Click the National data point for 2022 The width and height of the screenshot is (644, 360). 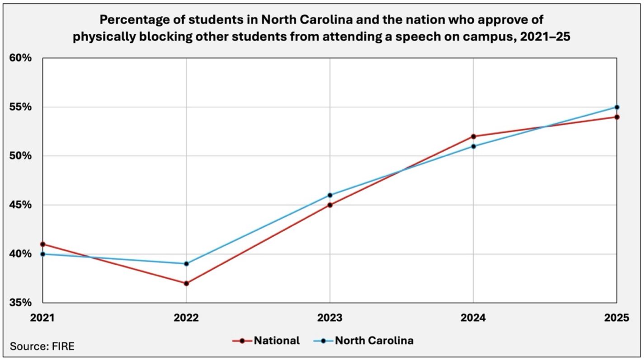pos(186,283)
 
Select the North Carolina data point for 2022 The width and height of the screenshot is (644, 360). pos(186,264)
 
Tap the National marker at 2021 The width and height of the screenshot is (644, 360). pos(43,244)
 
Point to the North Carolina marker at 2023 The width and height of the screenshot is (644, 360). pos(330,195)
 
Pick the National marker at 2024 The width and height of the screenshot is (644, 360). pos(473,136)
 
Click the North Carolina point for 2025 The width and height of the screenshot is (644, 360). pos(616,107)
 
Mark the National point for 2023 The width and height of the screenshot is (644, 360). pos(330,205)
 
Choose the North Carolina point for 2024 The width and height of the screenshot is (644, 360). pos(473,146)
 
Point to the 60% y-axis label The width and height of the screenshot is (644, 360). pos(20,58)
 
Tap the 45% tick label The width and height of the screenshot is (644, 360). pos(20,205)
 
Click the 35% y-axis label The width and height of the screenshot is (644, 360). pos(20,303)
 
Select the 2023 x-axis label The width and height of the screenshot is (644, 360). pos(330,318)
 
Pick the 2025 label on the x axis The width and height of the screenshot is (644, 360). pos(616,318)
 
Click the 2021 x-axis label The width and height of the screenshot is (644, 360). pos(42,318)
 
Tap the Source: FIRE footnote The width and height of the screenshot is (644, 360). pos(42,347)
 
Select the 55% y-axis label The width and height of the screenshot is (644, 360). pos(20,108)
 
